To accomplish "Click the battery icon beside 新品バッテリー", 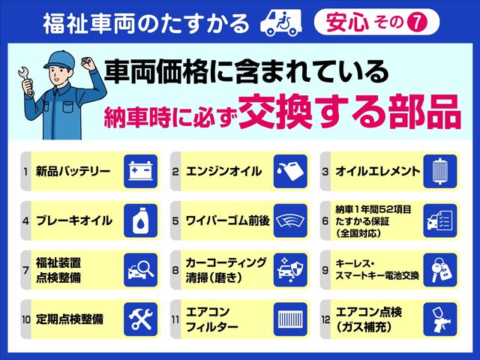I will (x=140, y=172).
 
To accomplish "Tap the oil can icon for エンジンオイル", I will (x=290, y=172).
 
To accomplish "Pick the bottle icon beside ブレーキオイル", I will (x=140, y=220).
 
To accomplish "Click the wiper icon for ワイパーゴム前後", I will (x=290, y=220).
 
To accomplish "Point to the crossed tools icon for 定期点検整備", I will (x=140, y=319).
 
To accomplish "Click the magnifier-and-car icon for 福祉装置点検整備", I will (x=140, y=269).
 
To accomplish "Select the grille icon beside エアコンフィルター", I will (x=290, y=319).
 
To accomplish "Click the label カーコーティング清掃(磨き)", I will (x=224, y=269).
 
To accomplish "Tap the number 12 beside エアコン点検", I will (x=325, y=319).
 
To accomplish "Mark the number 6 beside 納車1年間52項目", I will (x=325, y=220).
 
